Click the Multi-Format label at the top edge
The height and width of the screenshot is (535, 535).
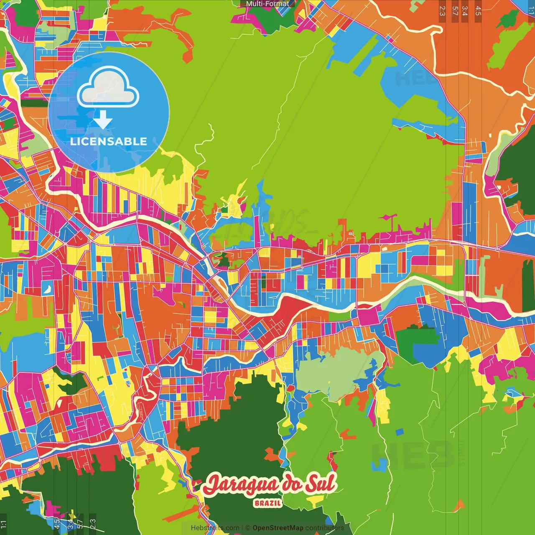(267, 4)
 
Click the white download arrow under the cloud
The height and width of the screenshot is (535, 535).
(103, 120)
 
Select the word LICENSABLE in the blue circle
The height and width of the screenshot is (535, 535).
(109, 141)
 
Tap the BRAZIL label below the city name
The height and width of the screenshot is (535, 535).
(267, 503)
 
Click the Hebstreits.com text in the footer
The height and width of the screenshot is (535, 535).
(215, 528)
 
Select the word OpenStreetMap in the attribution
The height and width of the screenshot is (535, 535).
(278, 528)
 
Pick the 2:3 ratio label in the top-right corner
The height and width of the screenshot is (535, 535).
(442, 11)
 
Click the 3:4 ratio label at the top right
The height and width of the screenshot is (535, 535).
(465, 11)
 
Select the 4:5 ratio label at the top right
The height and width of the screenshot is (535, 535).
(478, 11)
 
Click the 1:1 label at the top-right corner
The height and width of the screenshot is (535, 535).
(531, 11)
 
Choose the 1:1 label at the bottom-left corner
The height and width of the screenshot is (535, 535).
(4, 524)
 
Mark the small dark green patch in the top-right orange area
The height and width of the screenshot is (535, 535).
(509, 19)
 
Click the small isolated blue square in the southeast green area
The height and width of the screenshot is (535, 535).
(400, 432)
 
